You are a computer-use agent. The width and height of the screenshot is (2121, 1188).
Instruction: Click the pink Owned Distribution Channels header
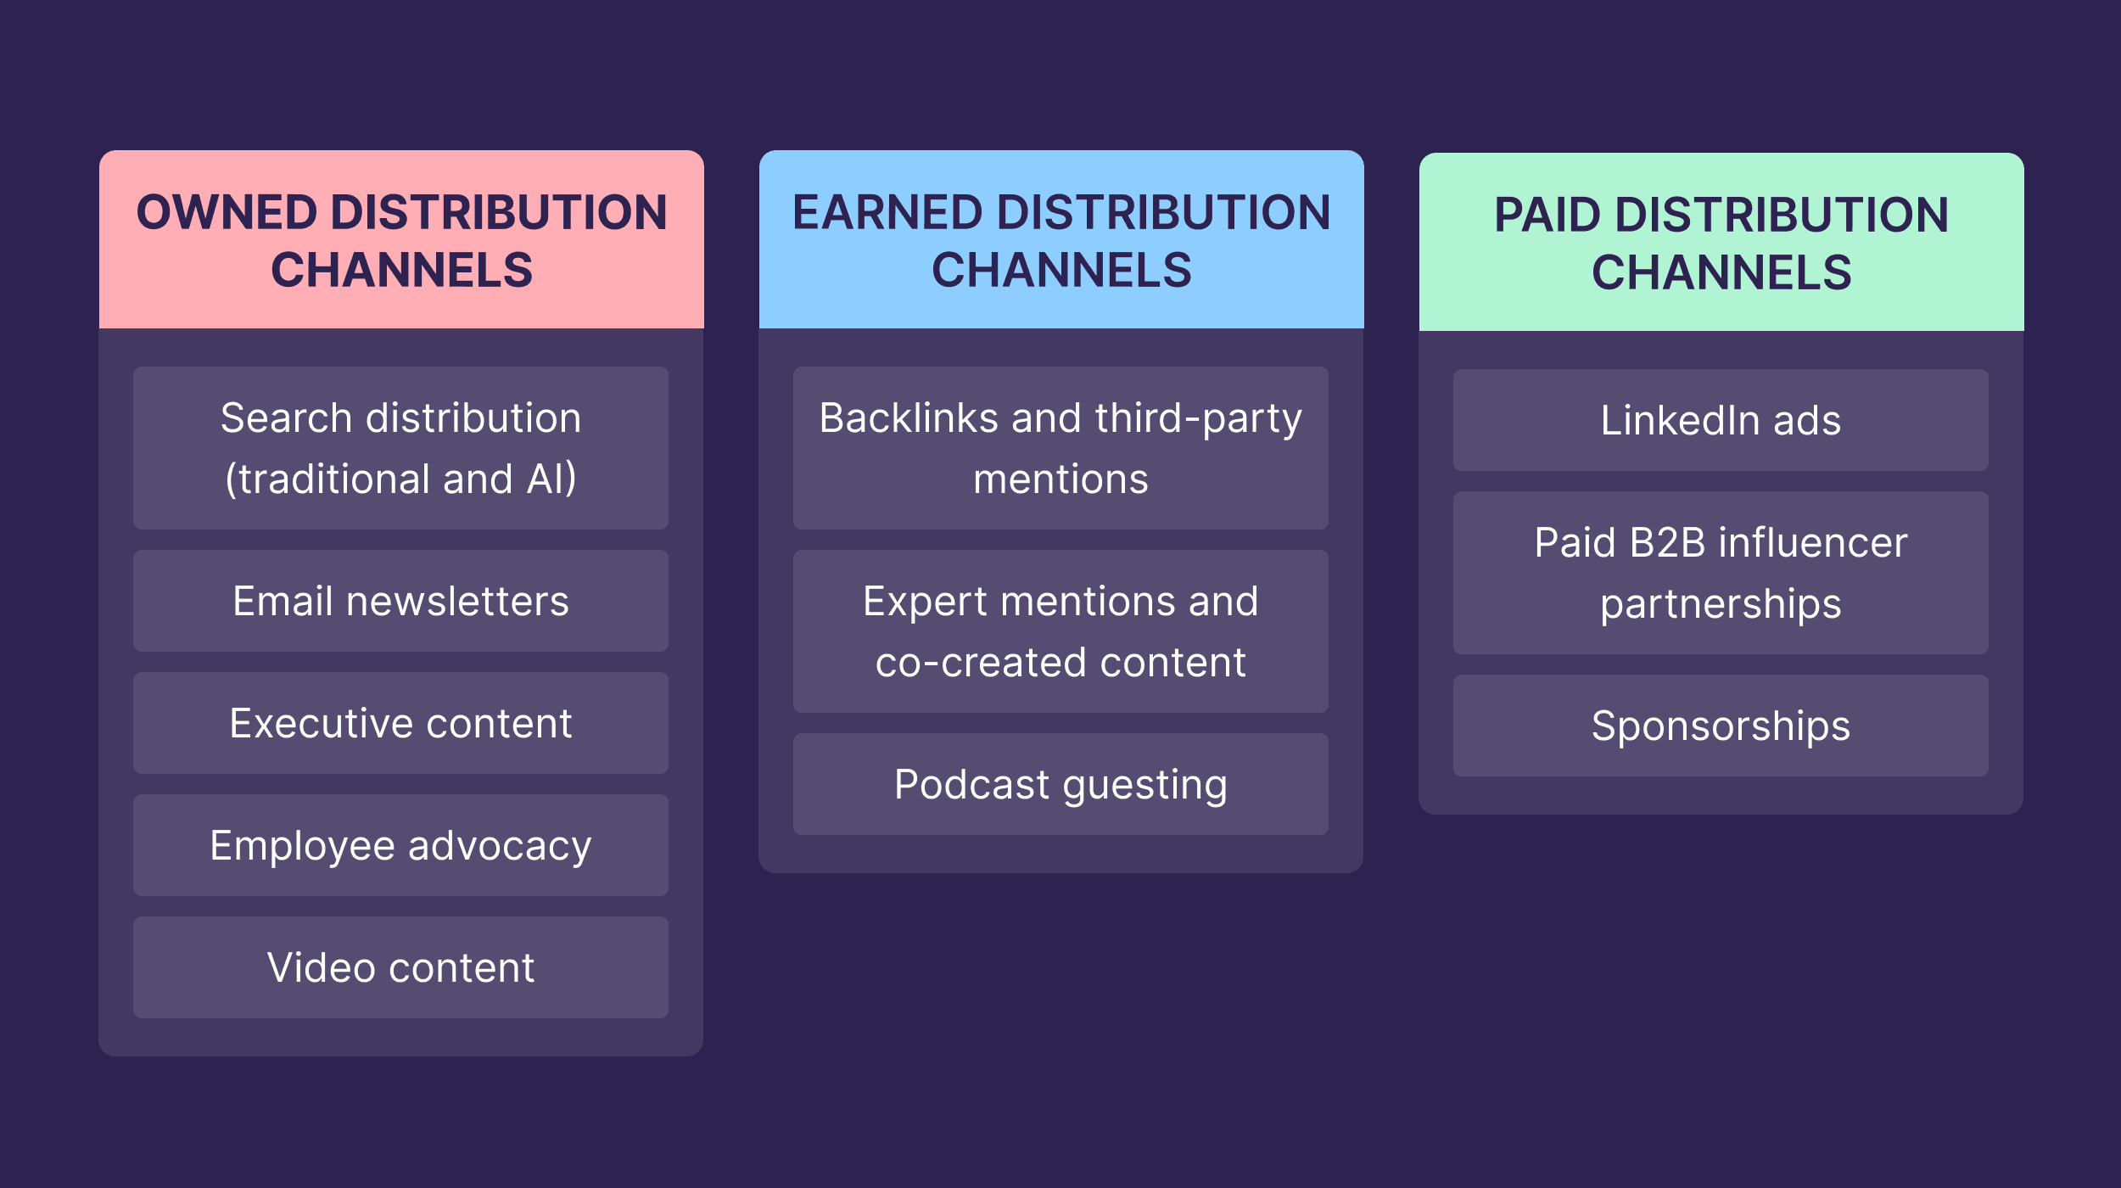pos(401,240)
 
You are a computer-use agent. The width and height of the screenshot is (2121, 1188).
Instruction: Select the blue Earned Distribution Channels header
pos(1061,240)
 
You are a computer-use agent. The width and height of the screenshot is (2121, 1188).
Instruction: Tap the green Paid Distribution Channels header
pos(1721,243)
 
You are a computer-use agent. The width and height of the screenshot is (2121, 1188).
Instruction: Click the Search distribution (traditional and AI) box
pos(400,448)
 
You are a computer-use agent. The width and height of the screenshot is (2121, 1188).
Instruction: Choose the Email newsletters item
pos(400,601)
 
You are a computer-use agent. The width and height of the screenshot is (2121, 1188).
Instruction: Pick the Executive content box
pos(400,723)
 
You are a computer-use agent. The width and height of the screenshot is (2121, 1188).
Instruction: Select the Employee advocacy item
pos(400,845)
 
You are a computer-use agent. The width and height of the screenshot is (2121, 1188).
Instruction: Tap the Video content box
pos(400,967)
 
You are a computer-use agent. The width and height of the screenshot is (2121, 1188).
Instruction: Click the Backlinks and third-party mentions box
pos(1060,448)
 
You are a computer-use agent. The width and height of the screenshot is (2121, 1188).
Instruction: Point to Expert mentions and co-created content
pos(1060,631)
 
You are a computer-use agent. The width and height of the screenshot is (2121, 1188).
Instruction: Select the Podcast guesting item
pos(1060,784)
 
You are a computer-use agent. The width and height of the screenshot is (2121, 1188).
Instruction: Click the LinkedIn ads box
pos(1721,420)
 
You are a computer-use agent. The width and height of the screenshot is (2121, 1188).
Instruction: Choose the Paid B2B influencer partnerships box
pos(1721,573)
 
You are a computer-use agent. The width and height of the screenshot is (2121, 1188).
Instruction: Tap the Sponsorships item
pos(1721,726)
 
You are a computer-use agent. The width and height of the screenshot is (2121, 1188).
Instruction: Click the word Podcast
pos(971,784)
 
